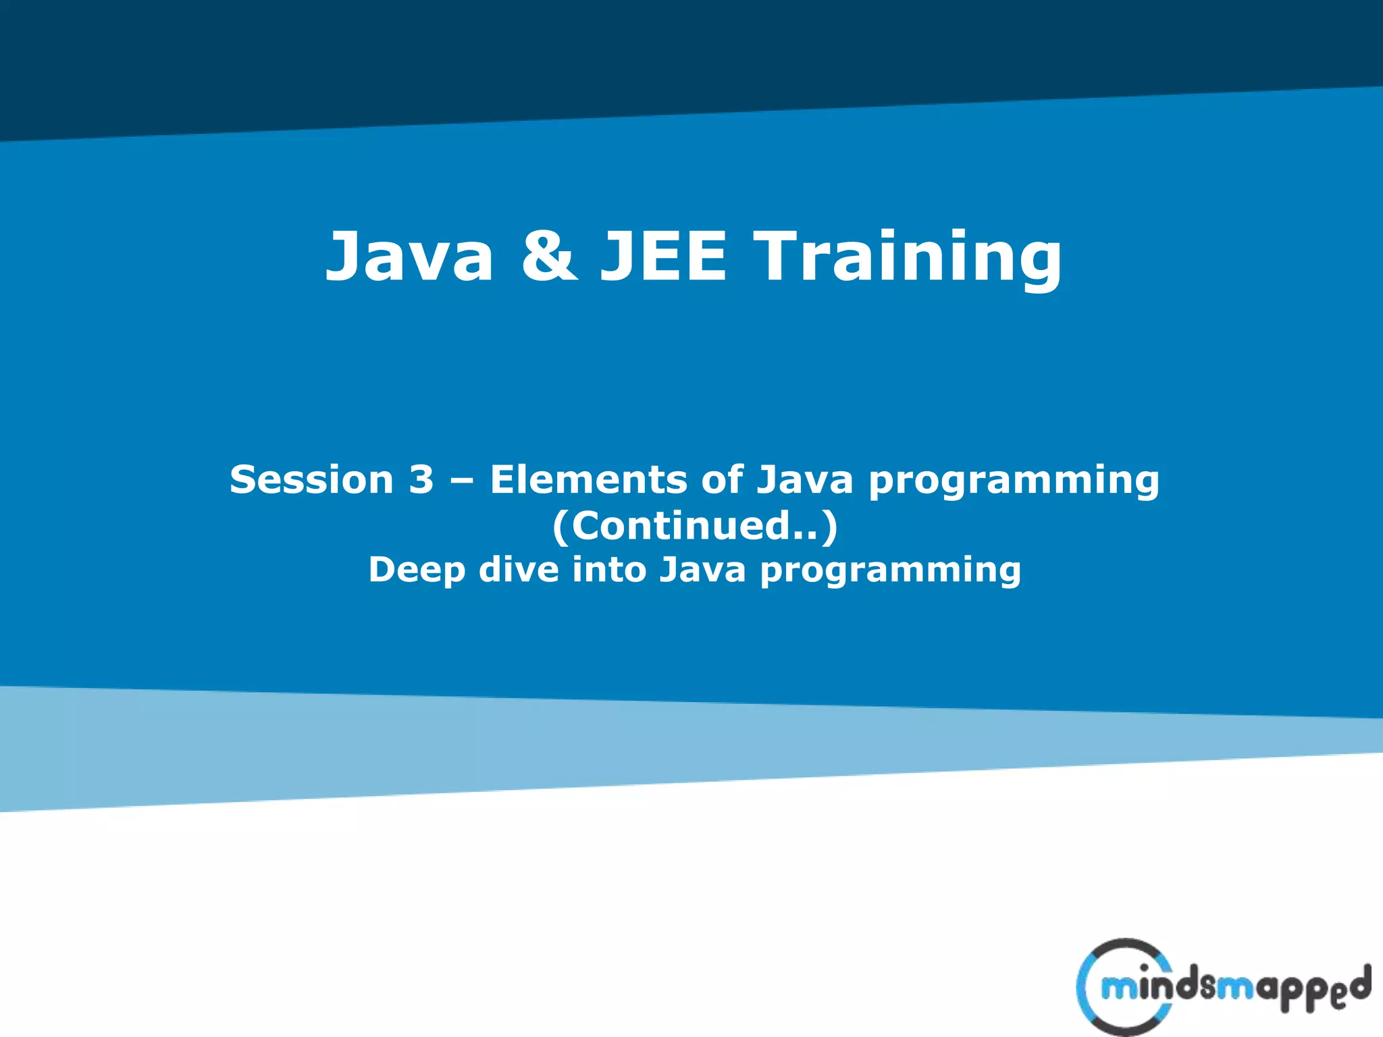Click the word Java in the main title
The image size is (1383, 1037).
click(x=409, y=257)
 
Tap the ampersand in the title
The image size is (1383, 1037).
click(x=549, y=257)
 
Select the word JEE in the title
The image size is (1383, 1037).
click(x=664, y=257)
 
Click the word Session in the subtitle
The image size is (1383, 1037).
click(x=311, y=480)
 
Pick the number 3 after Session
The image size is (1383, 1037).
click(x=421, y=480)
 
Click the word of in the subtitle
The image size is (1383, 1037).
click(x=722, y=480)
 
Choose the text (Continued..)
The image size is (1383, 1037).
click(x=695, y=526)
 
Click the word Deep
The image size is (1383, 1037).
click(x=417, y=570)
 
